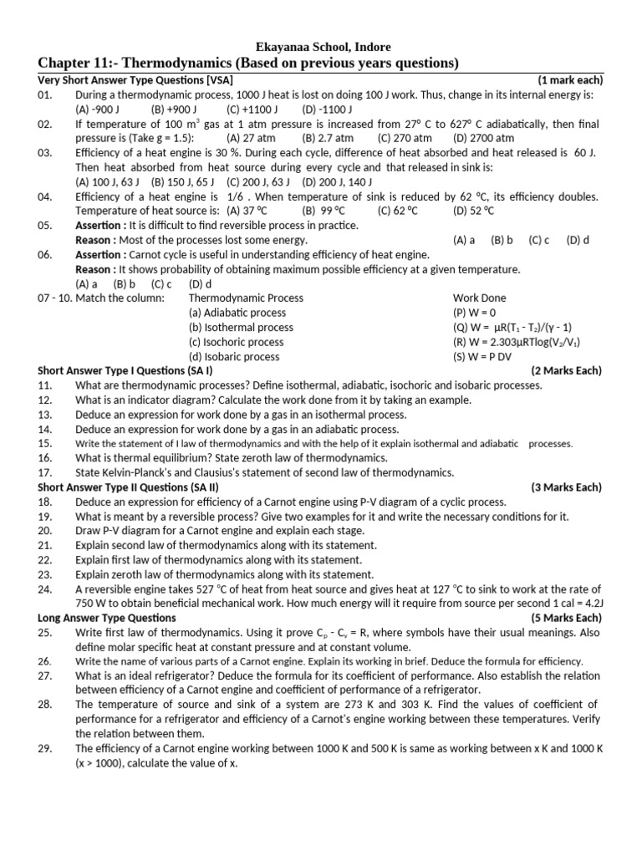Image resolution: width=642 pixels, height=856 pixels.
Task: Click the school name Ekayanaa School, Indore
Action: (322, 47)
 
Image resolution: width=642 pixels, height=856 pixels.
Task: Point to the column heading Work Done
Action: (479, 298)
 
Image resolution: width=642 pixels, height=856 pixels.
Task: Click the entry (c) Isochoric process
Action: (237, 342)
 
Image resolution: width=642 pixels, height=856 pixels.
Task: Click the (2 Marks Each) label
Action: (566, 370)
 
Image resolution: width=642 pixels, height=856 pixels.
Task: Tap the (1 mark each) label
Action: (570, 80)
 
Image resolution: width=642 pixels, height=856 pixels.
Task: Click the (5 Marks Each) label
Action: (566, 618)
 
